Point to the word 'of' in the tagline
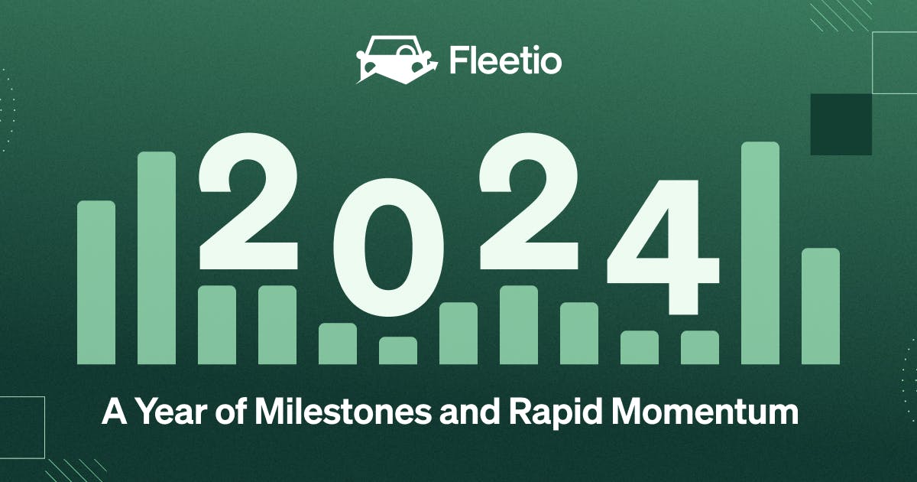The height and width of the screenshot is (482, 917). tap(226, 415)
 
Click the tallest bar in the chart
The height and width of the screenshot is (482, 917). tap(760, 252)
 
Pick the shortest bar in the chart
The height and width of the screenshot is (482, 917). tap(398, 350)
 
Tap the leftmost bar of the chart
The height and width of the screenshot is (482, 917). tap(96, 282)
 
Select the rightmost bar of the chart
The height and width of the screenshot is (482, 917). tap(821, 306)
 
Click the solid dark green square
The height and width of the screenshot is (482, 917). tap(841, 124)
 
